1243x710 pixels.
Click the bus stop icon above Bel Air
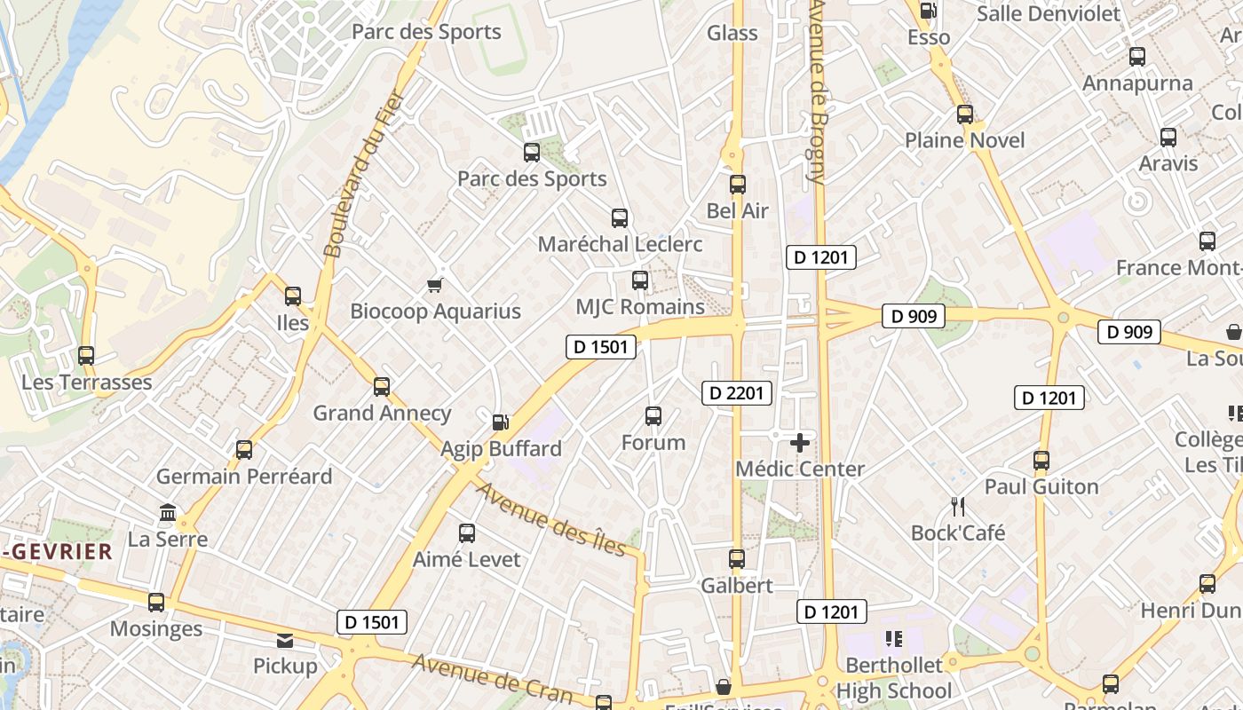click(738, 185)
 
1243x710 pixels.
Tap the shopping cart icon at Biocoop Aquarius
click(435, 285)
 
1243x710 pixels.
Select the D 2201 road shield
click(737, 392)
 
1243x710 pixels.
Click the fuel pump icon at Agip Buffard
click(501, 422)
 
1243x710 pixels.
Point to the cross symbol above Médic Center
click(800, 442)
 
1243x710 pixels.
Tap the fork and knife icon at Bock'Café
click(958, 507)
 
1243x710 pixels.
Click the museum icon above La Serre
click(168, 513)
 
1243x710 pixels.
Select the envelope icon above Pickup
click(285, 640)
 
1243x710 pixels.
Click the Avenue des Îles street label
click(551, 519)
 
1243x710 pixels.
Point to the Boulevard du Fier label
click(365, 174)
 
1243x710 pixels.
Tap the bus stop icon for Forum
click(653, 416)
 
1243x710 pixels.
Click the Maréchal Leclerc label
click(621, 244)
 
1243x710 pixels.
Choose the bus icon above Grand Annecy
click(382, 387)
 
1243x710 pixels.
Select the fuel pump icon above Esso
click(929, 11)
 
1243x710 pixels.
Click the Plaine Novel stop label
click(965, 140)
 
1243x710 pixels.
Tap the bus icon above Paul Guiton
click(1041, 461)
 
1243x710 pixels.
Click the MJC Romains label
click(640, 307)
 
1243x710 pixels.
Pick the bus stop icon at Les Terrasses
click(86, 356)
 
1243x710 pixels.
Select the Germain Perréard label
click(244, 477)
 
